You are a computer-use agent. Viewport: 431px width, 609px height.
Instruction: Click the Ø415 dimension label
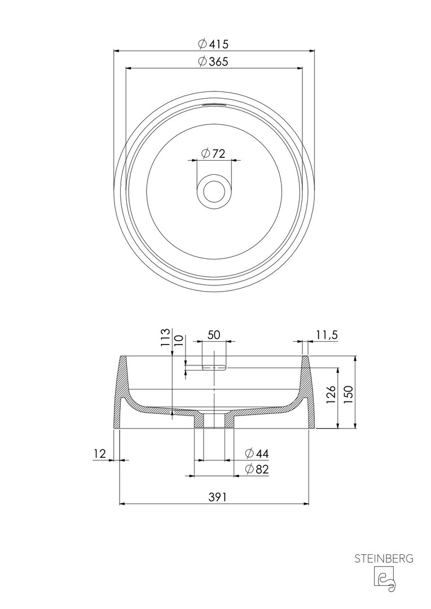(213, 44)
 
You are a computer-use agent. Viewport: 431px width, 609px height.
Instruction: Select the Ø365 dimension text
(213, 61)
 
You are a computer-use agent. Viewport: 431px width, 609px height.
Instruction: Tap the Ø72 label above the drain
(213, 153)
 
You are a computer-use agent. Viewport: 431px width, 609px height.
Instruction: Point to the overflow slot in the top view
(213, 104)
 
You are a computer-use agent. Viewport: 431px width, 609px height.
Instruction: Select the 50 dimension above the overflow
(214, 335)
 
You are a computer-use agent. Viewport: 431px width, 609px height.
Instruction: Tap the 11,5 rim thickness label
(327, 334)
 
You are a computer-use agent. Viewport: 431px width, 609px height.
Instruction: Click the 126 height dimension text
(331, 395)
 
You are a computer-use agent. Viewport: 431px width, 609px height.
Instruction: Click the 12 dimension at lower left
(100, 453)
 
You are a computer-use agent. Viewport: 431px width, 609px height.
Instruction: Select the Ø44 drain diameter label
(257, 453)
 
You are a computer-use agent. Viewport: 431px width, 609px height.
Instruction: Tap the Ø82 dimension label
(257, 469)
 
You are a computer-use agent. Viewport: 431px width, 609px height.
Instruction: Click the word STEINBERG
(384, 559)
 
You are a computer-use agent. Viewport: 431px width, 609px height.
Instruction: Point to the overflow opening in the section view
(215, 367)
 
